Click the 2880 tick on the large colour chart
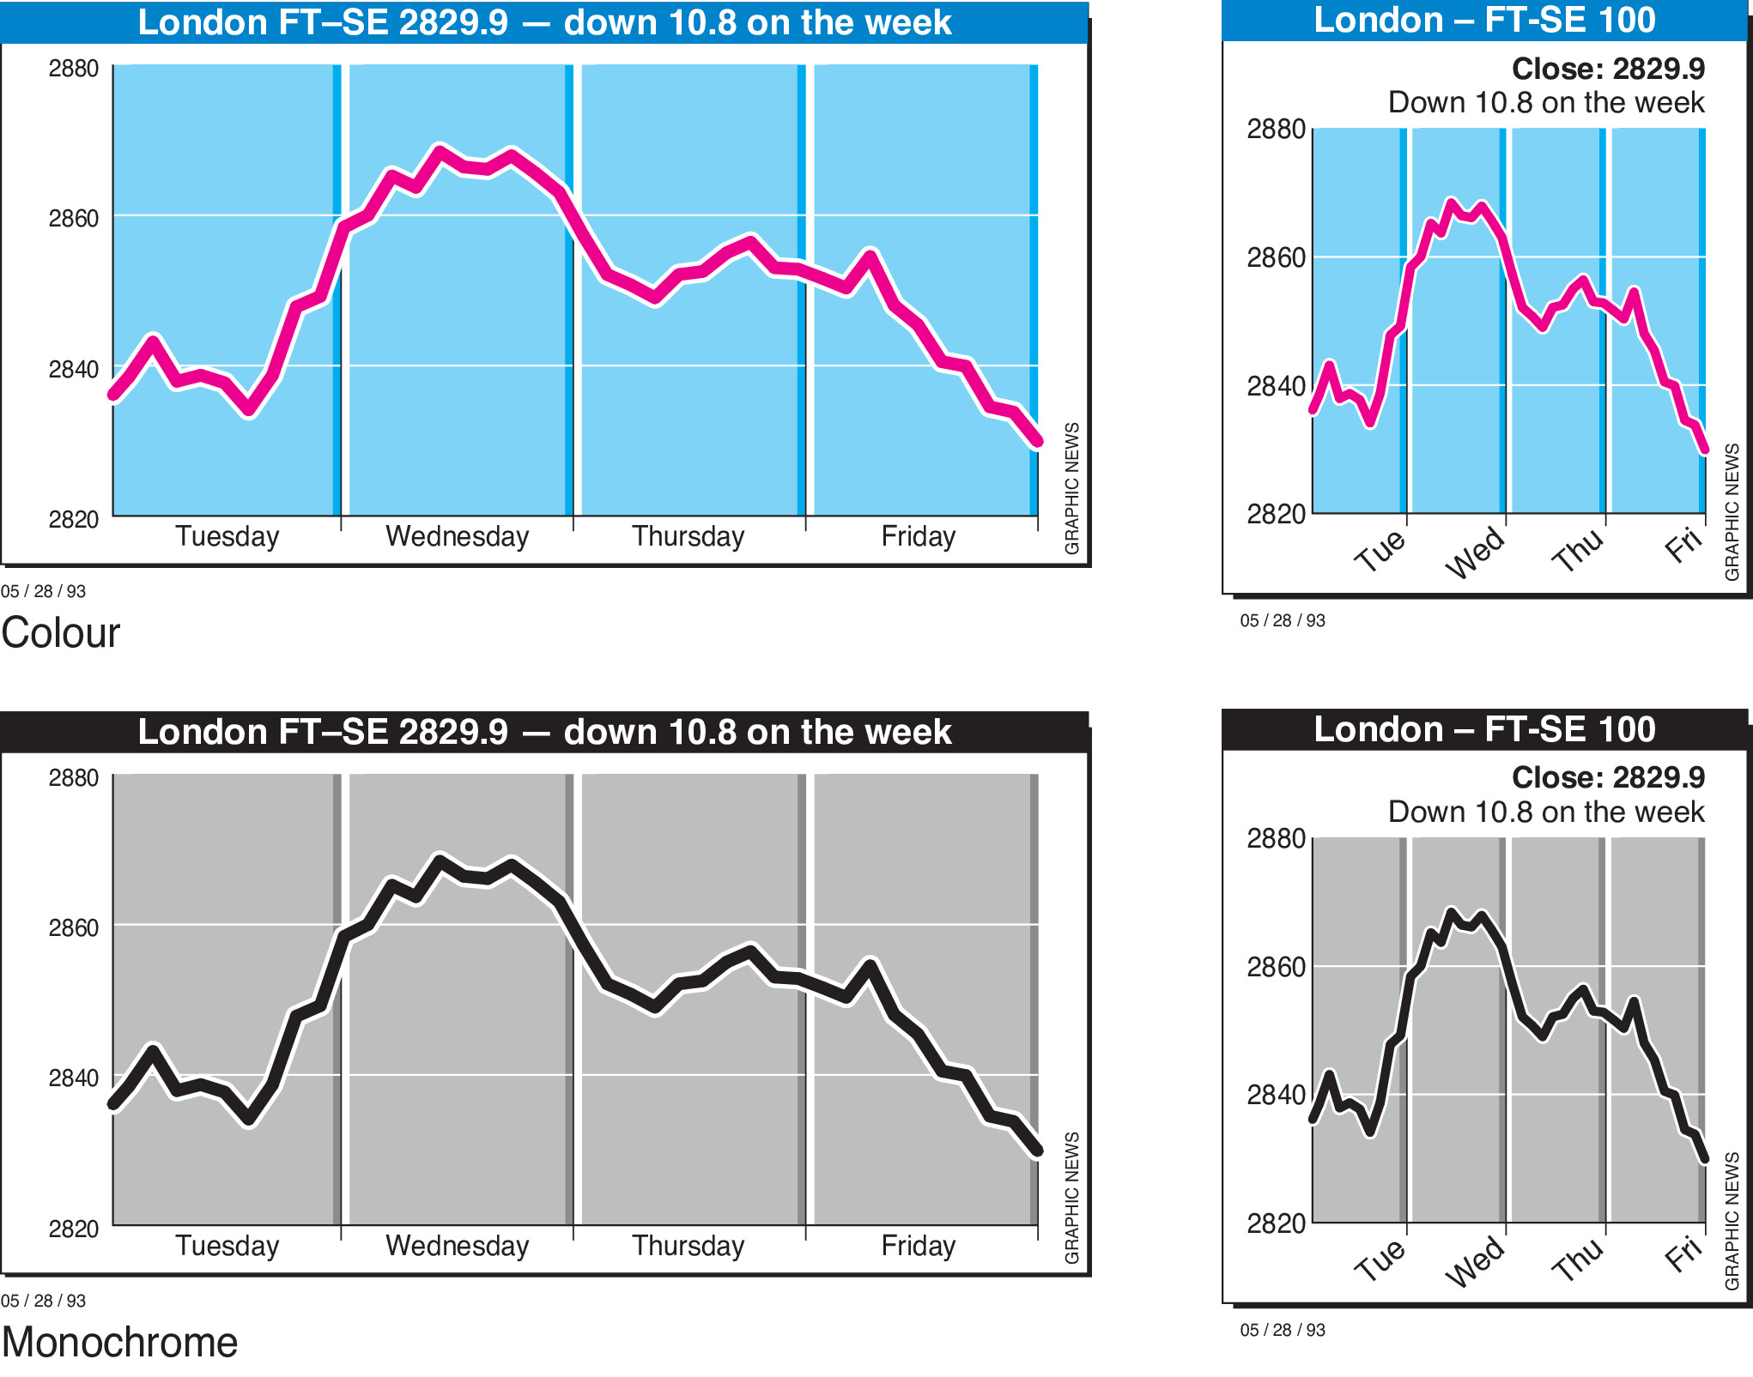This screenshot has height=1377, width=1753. [x=74, y=69]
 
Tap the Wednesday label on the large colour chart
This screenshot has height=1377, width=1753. [x=457, y=536]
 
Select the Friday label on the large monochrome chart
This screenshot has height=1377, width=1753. [x=918, y=1246]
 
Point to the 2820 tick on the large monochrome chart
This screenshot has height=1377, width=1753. [x=74, y=1229]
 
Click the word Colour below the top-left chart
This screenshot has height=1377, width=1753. [x=61, y=633]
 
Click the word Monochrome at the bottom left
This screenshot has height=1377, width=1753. [x=119, y=1342]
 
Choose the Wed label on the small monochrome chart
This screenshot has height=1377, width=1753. [x=1476, y=1260]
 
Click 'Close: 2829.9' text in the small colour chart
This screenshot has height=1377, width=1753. [x=1608, y=69]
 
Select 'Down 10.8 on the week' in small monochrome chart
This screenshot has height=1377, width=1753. [x=1546, y=812]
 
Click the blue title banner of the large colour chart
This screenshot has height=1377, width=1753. [x=544, y=22]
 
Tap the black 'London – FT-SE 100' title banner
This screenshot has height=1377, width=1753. [x=1484, y=730]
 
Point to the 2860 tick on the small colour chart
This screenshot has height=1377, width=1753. [x=1276, y=257]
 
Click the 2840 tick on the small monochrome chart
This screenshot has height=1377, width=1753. [x=1276, y=1095]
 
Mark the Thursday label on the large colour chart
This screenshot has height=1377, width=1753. [x=688, y=536]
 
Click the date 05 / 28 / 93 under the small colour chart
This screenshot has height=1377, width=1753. [x=1283, y=620]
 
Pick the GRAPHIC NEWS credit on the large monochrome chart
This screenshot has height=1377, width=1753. [x=1072, y=1198]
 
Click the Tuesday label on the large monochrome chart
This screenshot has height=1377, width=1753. [x=227, y=1246]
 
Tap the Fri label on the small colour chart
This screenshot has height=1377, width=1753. [x=1683, y=546]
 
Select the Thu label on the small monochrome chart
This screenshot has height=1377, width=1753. [x=1578, y=1259]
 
